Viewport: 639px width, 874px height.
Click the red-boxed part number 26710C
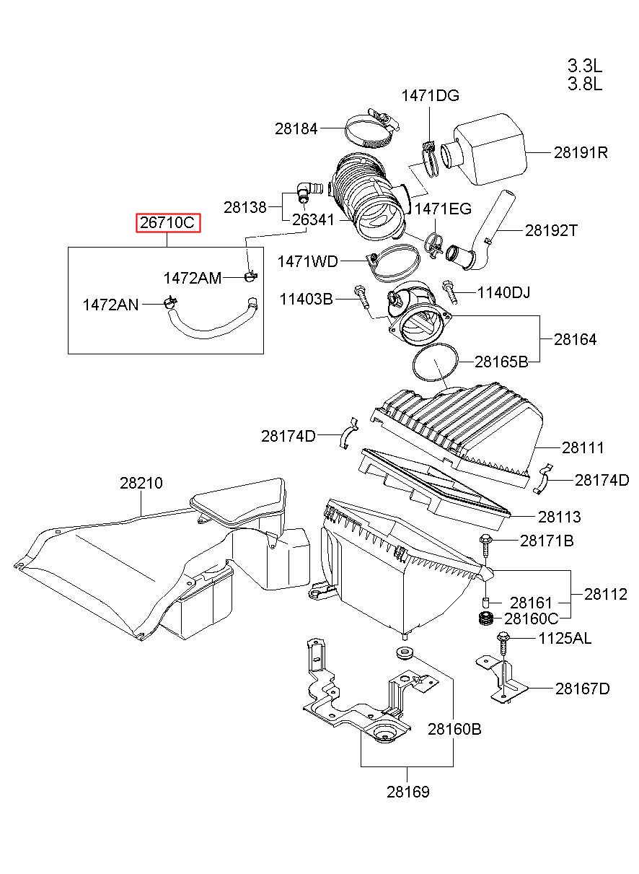(167, 223)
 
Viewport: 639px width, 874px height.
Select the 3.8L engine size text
(584, 84)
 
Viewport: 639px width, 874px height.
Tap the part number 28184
(296, 128)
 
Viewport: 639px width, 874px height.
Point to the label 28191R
(581, 152)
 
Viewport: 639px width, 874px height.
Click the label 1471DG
(430, 95)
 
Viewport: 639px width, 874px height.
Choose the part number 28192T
(551, 231)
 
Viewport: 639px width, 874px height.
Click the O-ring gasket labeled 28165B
(435, 362)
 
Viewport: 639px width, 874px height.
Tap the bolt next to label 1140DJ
(449, 292)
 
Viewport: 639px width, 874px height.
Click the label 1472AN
(111, 305)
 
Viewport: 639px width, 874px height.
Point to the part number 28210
(141, 483)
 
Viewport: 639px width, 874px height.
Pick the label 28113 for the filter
(560, 517)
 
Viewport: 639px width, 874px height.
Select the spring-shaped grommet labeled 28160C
(486, 619)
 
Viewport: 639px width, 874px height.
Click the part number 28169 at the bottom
(408, 792)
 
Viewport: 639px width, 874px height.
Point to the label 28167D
(583, 689)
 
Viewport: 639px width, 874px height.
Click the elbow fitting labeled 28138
(308, 191)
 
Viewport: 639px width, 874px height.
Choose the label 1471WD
(308, 261)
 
